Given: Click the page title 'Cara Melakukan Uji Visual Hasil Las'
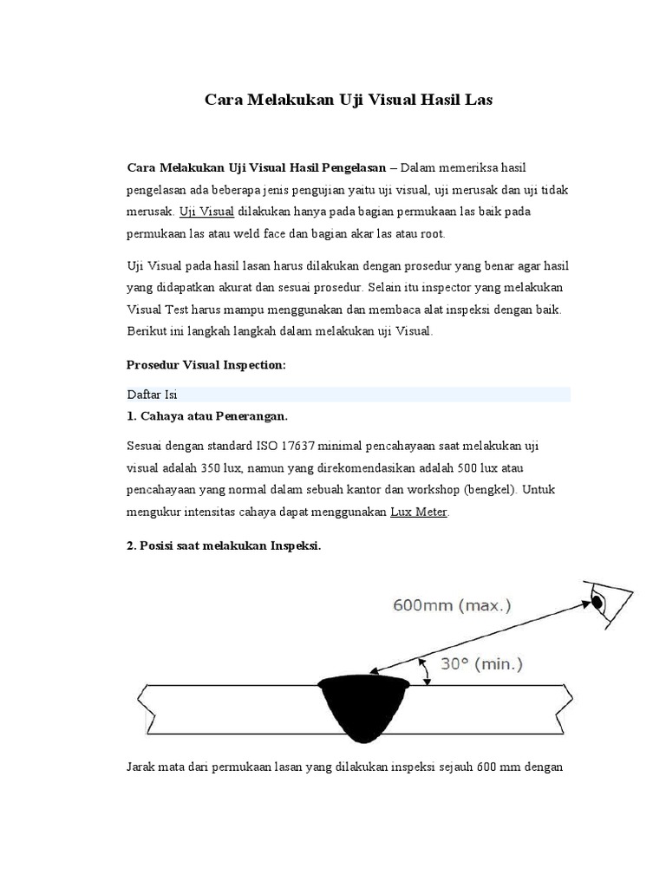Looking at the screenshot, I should click(348, 100).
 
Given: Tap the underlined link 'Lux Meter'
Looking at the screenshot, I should click(419, 513).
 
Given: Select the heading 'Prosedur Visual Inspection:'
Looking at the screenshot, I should click(206, 365).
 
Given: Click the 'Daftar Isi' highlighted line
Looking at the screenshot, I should click(152, 395).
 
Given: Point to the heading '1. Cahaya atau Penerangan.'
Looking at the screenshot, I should click(207, 417).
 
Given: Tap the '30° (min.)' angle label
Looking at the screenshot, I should click(482, 664).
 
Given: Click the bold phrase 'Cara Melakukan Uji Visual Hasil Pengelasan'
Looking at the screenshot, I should click(257, 166).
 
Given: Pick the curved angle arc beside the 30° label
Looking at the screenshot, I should click(425, 669).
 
